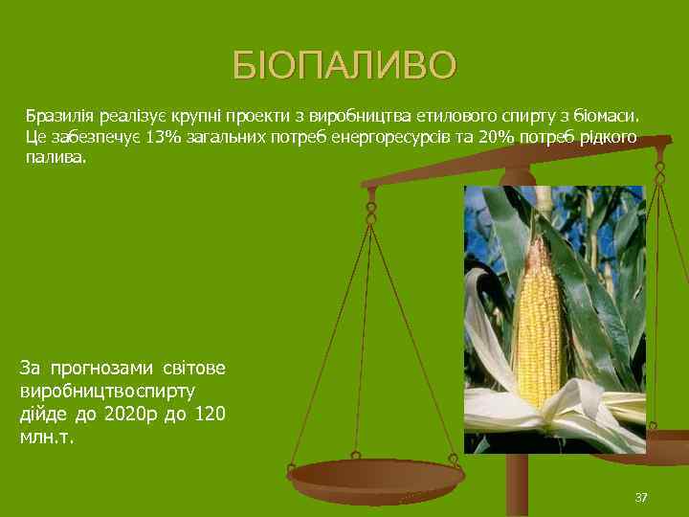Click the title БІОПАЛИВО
point(344,65)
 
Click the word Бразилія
point(55,117)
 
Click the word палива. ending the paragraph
point(55,156)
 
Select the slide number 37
point(641,496)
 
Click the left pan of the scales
point(375,476)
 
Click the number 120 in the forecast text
point(210,415)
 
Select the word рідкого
point(605,137)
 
